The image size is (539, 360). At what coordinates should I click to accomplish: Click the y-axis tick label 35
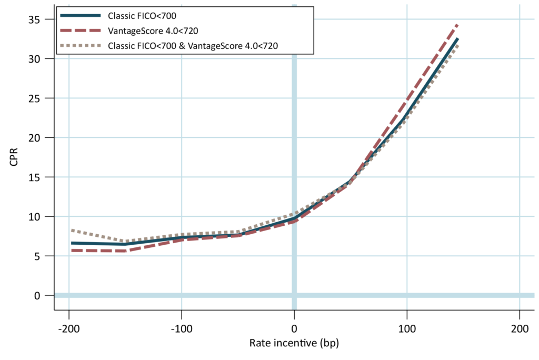coord(34,19)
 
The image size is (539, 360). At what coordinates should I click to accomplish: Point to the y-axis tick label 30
coord(34,59)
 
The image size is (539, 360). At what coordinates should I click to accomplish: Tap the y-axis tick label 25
coord(34,98)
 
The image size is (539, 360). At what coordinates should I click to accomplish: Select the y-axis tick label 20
coord(34,138)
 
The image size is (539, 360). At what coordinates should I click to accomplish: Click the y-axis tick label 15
coord(34,177)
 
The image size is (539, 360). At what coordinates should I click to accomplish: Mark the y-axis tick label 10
coord(34,217)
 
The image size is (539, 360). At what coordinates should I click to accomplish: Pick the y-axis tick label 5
coord(37,256)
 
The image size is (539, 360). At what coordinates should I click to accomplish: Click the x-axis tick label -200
coord(69,329)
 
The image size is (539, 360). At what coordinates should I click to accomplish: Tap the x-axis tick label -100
coord(182,329)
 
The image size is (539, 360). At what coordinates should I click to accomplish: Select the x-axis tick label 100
coord(407,329)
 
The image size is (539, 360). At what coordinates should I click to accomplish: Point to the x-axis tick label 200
coord(520,329)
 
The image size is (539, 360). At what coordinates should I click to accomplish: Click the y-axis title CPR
coord(14,157)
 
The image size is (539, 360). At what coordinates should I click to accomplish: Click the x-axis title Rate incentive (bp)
coord(294,343)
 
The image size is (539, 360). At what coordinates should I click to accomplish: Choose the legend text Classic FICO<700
coord(142,16)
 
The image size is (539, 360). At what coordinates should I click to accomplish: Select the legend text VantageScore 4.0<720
coord(153,31)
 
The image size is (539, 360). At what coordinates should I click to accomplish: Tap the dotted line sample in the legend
coord(81,45)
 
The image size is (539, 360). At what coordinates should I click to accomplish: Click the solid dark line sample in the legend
coord(81,15)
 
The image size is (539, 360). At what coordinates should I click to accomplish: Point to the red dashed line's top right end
coord(457,25)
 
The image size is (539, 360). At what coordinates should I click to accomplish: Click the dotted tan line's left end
coord(72,230)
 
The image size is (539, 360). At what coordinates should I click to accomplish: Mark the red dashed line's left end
coord(72,251)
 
